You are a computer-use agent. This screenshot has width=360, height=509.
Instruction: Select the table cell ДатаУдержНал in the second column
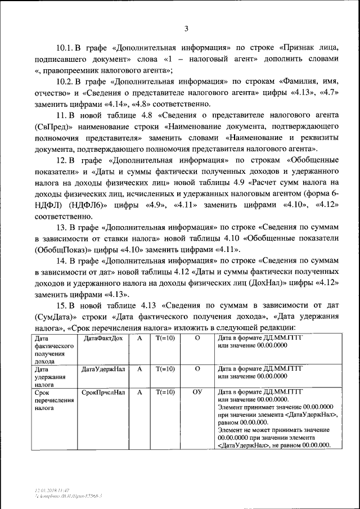click(103, 370)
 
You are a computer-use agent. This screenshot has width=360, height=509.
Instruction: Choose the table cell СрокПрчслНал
click(103, 392)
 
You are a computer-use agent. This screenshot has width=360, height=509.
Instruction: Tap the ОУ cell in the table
click(197, 392)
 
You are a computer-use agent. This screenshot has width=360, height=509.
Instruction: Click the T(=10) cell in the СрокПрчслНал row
click(165, 392)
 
